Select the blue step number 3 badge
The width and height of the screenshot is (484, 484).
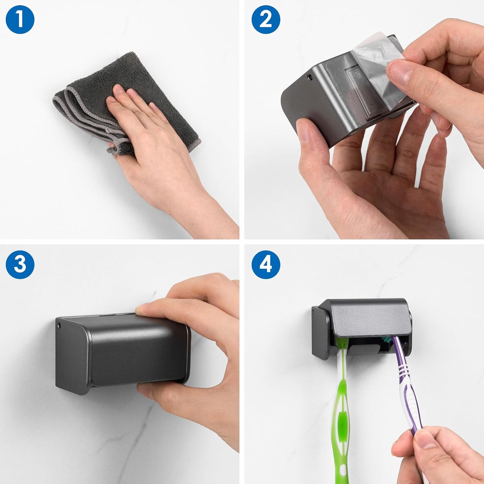[20, 264]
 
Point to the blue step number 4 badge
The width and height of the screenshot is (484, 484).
[266, 264]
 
